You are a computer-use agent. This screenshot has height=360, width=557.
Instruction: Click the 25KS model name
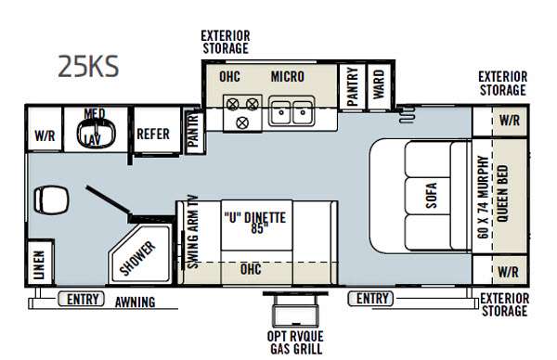click(88, 67)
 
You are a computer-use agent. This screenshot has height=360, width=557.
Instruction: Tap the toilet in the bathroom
click(51, 200)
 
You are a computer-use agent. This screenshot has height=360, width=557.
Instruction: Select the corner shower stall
click(139, 254)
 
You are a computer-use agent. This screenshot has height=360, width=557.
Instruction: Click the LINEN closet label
click(39, 264)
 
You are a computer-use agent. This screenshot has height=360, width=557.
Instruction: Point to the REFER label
click(153, 135)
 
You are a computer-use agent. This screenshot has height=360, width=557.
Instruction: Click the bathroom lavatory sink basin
click(97, 133)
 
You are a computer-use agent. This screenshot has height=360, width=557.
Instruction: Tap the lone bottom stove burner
click(242, 123)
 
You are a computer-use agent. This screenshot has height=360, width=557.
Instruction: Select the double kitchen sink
click(291, 111)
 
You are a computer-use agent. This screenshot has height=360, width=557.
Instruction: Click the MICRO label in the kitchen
click(288, 76)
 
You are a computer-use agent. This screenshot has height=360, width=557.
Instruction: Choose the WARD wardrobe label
click(379, 84)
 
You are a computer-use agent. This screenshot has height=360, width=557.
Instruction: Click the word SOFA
click(431, 195)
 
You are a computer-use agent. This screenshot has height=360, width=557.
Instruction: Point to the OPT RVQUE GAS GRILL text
click(295, 342)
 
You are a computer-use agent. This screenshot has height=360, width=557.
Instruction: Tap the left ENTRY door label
click(83, 299)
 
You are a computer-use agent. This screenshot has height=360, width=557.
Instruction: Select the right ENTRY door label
click(372, 298)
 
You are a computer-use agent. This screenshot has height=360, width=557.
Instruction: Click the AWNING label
click(135, 302)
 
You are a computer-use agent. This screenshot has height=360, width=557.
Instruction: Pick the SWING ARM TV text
click(192, 232)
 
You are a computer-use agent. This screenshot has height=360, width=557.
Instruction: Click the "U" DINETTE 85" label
click(254, 223)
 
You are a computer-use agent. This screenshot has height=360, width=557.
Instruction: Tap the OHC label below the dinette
click(251, 269)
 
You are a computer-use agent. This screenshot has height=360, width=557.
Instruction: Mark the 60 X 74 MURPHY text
click(484, 197)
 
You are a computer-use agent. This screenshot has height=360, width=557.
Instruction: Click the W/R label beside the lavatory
click(45, 135)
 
